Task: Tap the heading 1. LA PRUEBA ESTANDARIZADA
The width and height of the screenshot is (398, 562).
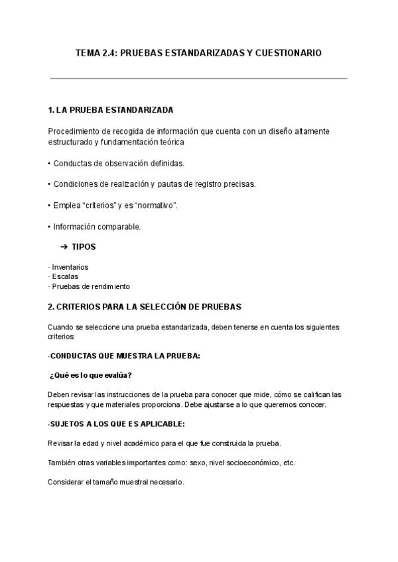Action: point(111,109)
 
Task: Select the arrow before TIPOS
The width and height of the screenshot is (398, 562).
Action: point(64,247)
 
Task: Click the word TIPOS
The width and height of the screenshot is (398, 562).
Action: point(84,247)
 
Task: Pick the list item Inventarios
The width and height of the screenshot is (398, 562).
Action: point(70,267)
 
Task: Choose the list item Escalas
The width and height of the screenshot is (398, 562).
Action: point(65,276)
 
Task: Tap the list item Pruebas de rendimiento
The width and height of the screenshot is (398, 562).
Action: point(90,286)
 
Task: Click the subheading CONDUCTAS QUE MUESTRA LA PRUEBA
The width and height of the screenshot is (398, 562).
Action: point(125,356)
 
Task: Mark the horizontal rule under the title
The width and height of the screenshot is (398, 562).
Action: point(199,78)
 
